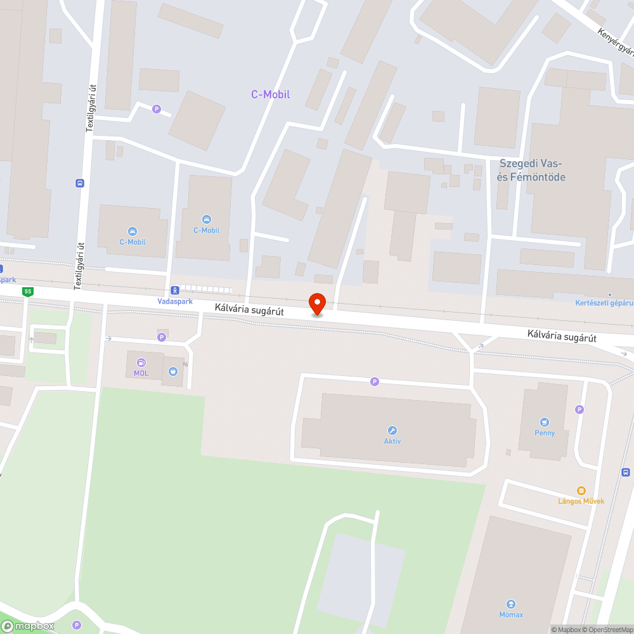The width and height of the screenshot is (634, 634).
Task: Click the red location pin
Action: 316,304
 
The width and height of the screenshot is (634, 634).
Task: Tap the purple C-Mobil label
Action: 270,94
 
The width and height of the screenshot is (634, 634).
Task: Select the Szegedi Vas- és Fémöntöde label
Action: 532,170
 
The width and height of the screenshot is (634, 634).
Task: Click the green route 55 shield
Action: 27,292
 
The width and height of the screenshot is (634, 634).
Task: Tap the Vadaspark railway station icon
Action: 174,290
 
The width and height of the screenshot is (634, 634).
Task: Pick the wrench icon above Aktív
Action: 392,430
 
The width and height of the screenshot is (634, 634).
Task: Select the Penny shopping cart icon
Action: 544,422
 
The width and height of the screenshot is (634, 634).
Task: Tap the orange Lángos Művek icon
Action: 581,490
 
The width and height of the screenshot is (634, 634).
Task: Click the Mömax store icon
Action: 511,604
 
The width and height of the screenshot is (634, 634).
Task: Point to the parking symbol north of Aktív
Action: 375,381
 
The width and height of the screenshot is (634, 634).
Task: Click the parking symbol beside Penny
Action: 579,410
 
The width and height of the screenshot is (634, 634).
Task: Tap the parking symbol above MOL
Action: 162,337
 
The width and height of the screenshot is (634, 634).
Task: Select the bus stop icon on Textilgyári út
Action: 79,183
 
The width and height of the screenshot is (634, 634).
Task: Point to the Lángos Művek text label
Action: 581,501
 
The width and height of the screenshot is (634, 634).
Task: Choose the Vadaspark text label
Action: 175,301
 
